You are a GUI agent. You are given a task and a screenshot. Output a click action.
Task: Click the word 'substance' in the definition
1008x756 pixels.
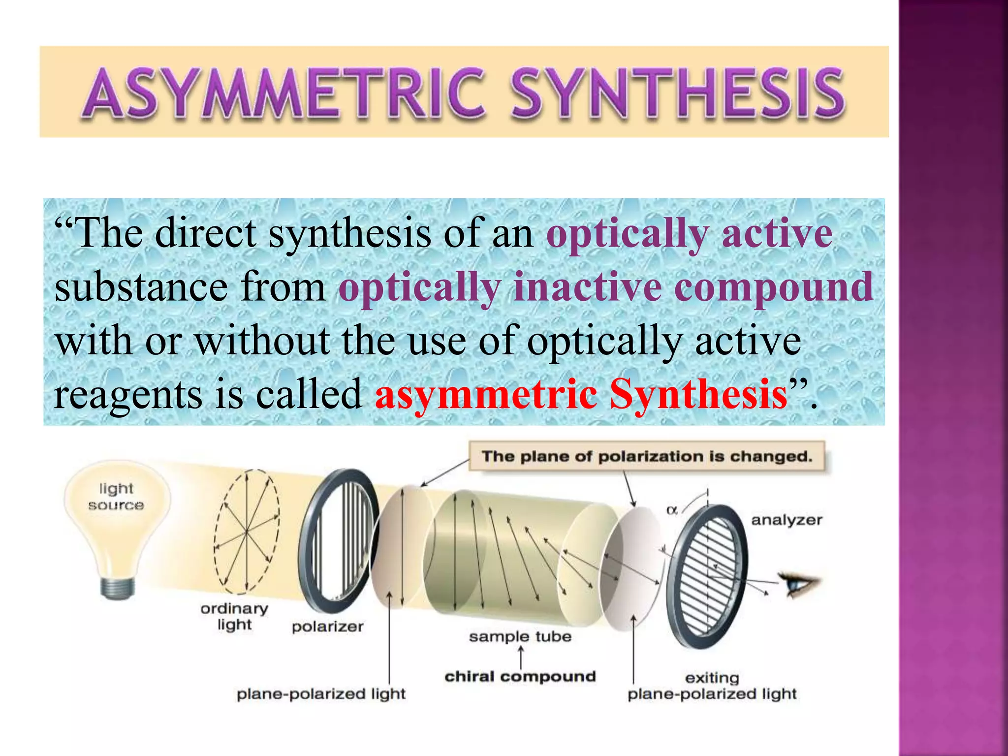coord(141,287)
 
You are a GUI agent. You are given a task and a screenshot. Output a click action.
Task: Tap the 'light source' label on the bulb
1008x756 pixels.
coord(116,497)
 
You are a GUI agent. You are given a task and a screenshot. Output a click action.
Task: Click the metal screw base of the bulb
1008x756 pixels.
coord(117,588)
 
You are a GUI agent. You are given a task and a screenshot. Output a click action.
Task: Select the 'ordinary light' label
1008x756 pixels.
coord(234,616)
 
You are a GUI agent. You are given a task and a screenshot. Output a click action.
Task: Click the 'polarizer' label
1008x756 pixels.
coord(327,627)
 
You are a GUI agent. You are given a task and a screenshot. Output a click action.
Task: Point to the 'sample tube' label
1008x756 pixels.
coord(520,636)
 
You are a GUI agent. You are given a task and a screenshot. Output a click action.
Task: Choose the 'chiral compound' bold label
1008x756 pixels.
coord(520,677)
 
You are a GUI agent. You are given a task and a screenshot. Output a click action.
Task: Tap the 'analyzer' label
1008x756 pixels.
coord(787,520)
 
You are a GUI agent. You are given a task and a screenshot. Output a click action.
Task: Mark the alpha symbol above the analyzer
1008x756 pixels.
coord(671,511)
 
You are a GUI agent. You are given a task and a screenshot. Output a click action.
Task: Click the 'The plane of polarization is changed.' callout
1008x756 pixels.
coord(647,456)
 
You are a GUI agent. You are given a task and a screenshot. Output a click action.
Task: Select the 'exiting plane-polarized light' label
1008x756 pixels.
coord(712,686)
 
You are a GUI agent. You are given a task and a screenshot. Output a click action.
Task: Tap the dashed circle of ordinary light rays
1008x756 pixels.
coord(247,532)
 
